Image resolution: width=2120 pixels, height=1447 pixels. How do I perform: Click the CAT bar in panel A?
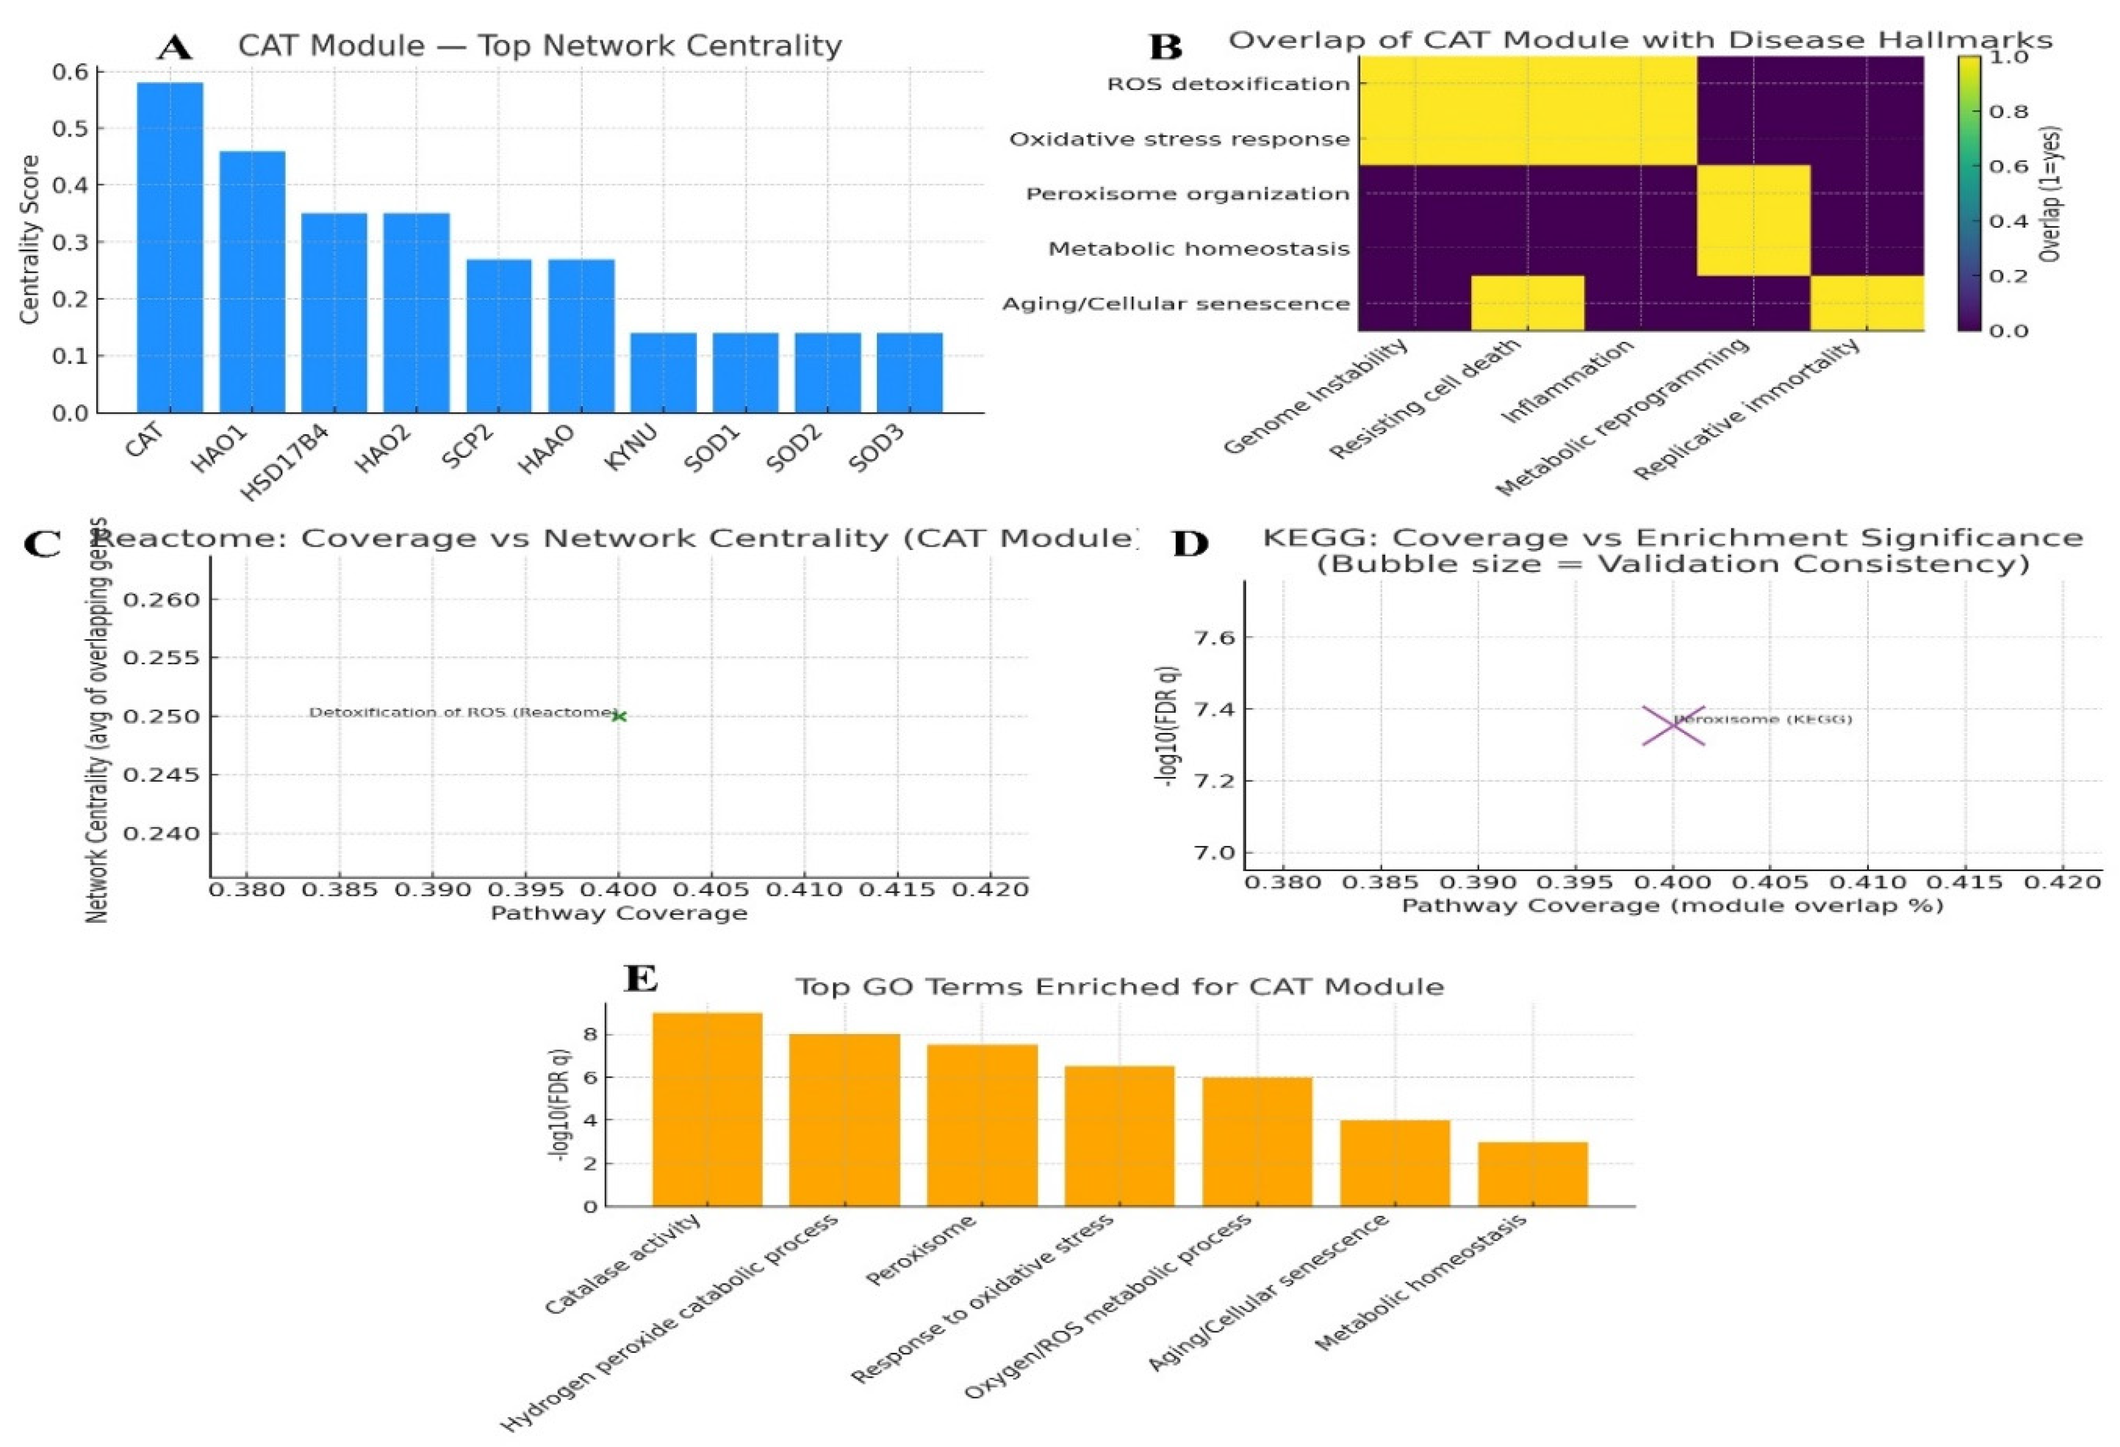point(170,247)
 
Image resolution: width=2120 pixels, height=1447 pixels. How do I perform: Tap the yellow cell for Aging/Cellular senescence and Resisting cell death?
point(1527,303)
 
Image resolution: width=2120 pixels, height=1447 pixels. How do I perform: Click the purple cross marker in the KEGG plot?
point(1673,726)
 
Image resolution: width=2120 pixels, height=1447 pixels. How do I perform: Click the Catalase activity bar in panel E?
point(707,1109)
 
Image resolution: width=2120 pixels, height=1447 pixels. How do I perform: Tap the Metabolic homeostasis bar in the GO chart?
point(1533,1173)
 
